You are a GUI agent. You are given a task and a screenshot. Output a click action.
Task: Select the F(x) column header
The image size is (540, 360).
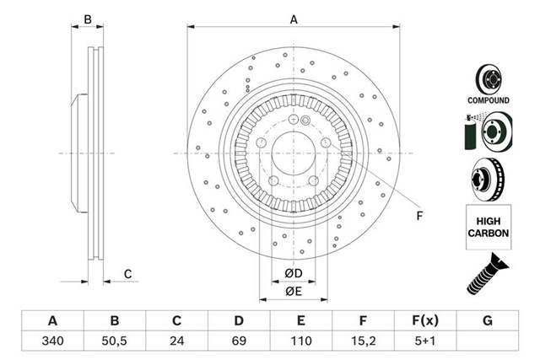click(424, 321)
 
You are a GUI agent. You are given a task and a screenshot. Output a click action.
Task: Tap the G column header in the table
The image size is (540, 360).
click(487, 321)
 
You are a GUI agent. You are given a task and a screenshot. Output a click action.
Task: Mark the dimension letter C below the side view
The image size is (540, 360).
click(128, 273)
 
